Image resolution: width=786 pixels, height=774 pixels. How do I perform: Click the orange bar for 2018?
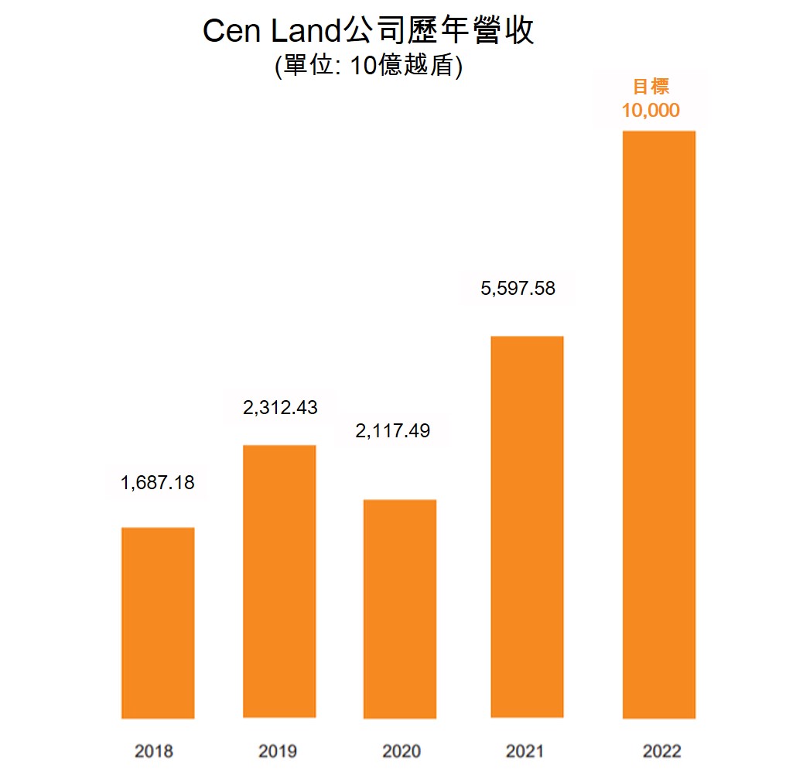[x=158, y=623]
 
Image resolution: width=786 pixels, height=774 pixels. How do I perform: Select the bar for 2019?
[x=279, y=581]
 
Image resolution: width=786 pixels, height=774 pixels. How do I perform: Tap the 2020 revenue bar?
[x=400, y=609]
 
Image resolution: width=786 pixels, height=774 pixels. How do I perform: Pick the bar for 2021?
[x=526, y=527]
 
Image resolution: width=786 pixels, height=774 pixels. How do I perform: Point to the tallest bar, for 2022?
[x=658, y=425]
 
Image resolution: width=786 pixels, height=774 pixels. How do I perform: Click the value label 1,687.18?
[x=158, y=483]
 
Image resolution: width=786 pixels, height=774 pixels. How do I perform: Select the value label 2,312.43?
[x=280, y=408]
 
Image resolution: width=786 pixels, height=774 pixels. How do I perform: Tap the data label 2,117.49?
[x=392, y=430]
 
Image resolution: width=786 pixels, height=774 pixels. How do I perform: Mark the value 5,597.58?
[x=518, y=289]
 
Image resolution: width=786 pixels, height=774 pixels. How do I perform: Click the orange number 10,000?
[x=651, y=110]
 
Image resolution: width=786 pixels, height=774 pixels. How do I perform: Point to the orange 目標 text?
[x=651, y=86]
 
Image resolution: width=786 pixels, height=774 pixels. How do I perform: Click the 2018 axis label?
[x=154, y=751]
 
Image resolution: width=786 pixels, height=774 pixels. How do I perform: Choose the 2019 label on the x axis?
[x=278, y=751]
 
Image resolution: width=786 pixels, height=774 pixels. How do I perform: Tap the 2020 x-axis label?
[x=402, y=751]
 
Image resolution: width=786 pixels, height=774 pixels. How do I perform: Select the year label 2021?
[x=525, y=751]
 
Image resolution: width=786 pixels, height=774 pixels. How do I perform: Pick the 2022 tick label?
[x=662, y=751]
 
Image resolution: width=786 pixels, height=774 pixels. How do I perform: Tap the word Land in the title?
[x=303, y=33]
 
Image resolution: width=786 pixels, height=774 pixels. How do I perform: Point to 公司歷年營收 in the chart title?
[x=438, y=33]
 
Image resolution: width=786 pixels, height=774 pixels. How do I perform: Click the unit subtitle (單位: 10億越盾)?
[x=368, y=66]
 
